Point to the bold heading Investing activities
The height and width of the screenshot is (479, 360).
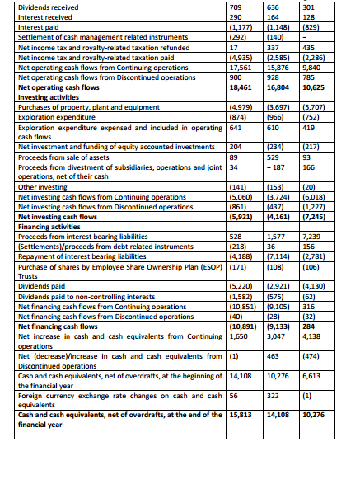(46, 97)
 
